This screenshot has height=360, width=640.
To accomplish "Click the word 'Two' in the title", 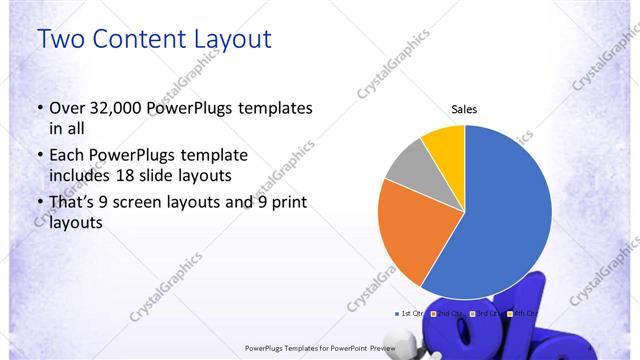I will tap(59, 39).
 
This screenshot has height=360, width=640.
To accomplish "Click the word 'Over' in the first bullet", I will tap(68, 108).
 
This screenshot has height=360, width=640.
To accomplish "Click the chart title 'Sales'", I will tap(464, 109).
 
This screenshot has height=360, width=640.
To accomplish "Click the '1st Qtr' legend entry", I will tap(411, 313).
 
